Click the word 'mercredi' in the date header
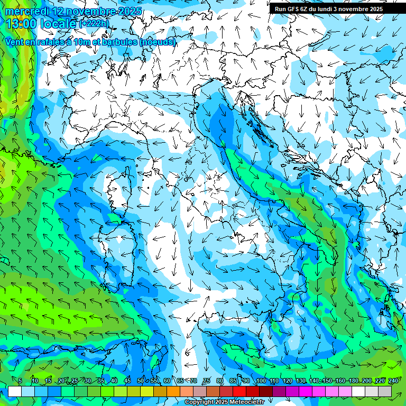tap(25, 11)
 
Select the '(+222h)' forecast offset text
tap(94, 24)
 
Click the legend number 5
tap(20, 381)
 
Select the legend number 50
tap(140, 381)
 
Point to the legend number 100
tap(261, 381)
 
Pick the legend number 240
tap(393, 381)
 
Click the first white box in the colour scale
tap(15, 391)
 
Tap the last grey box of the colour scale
tap(385, 391)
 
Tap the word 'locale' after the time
tap(58, 24)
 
